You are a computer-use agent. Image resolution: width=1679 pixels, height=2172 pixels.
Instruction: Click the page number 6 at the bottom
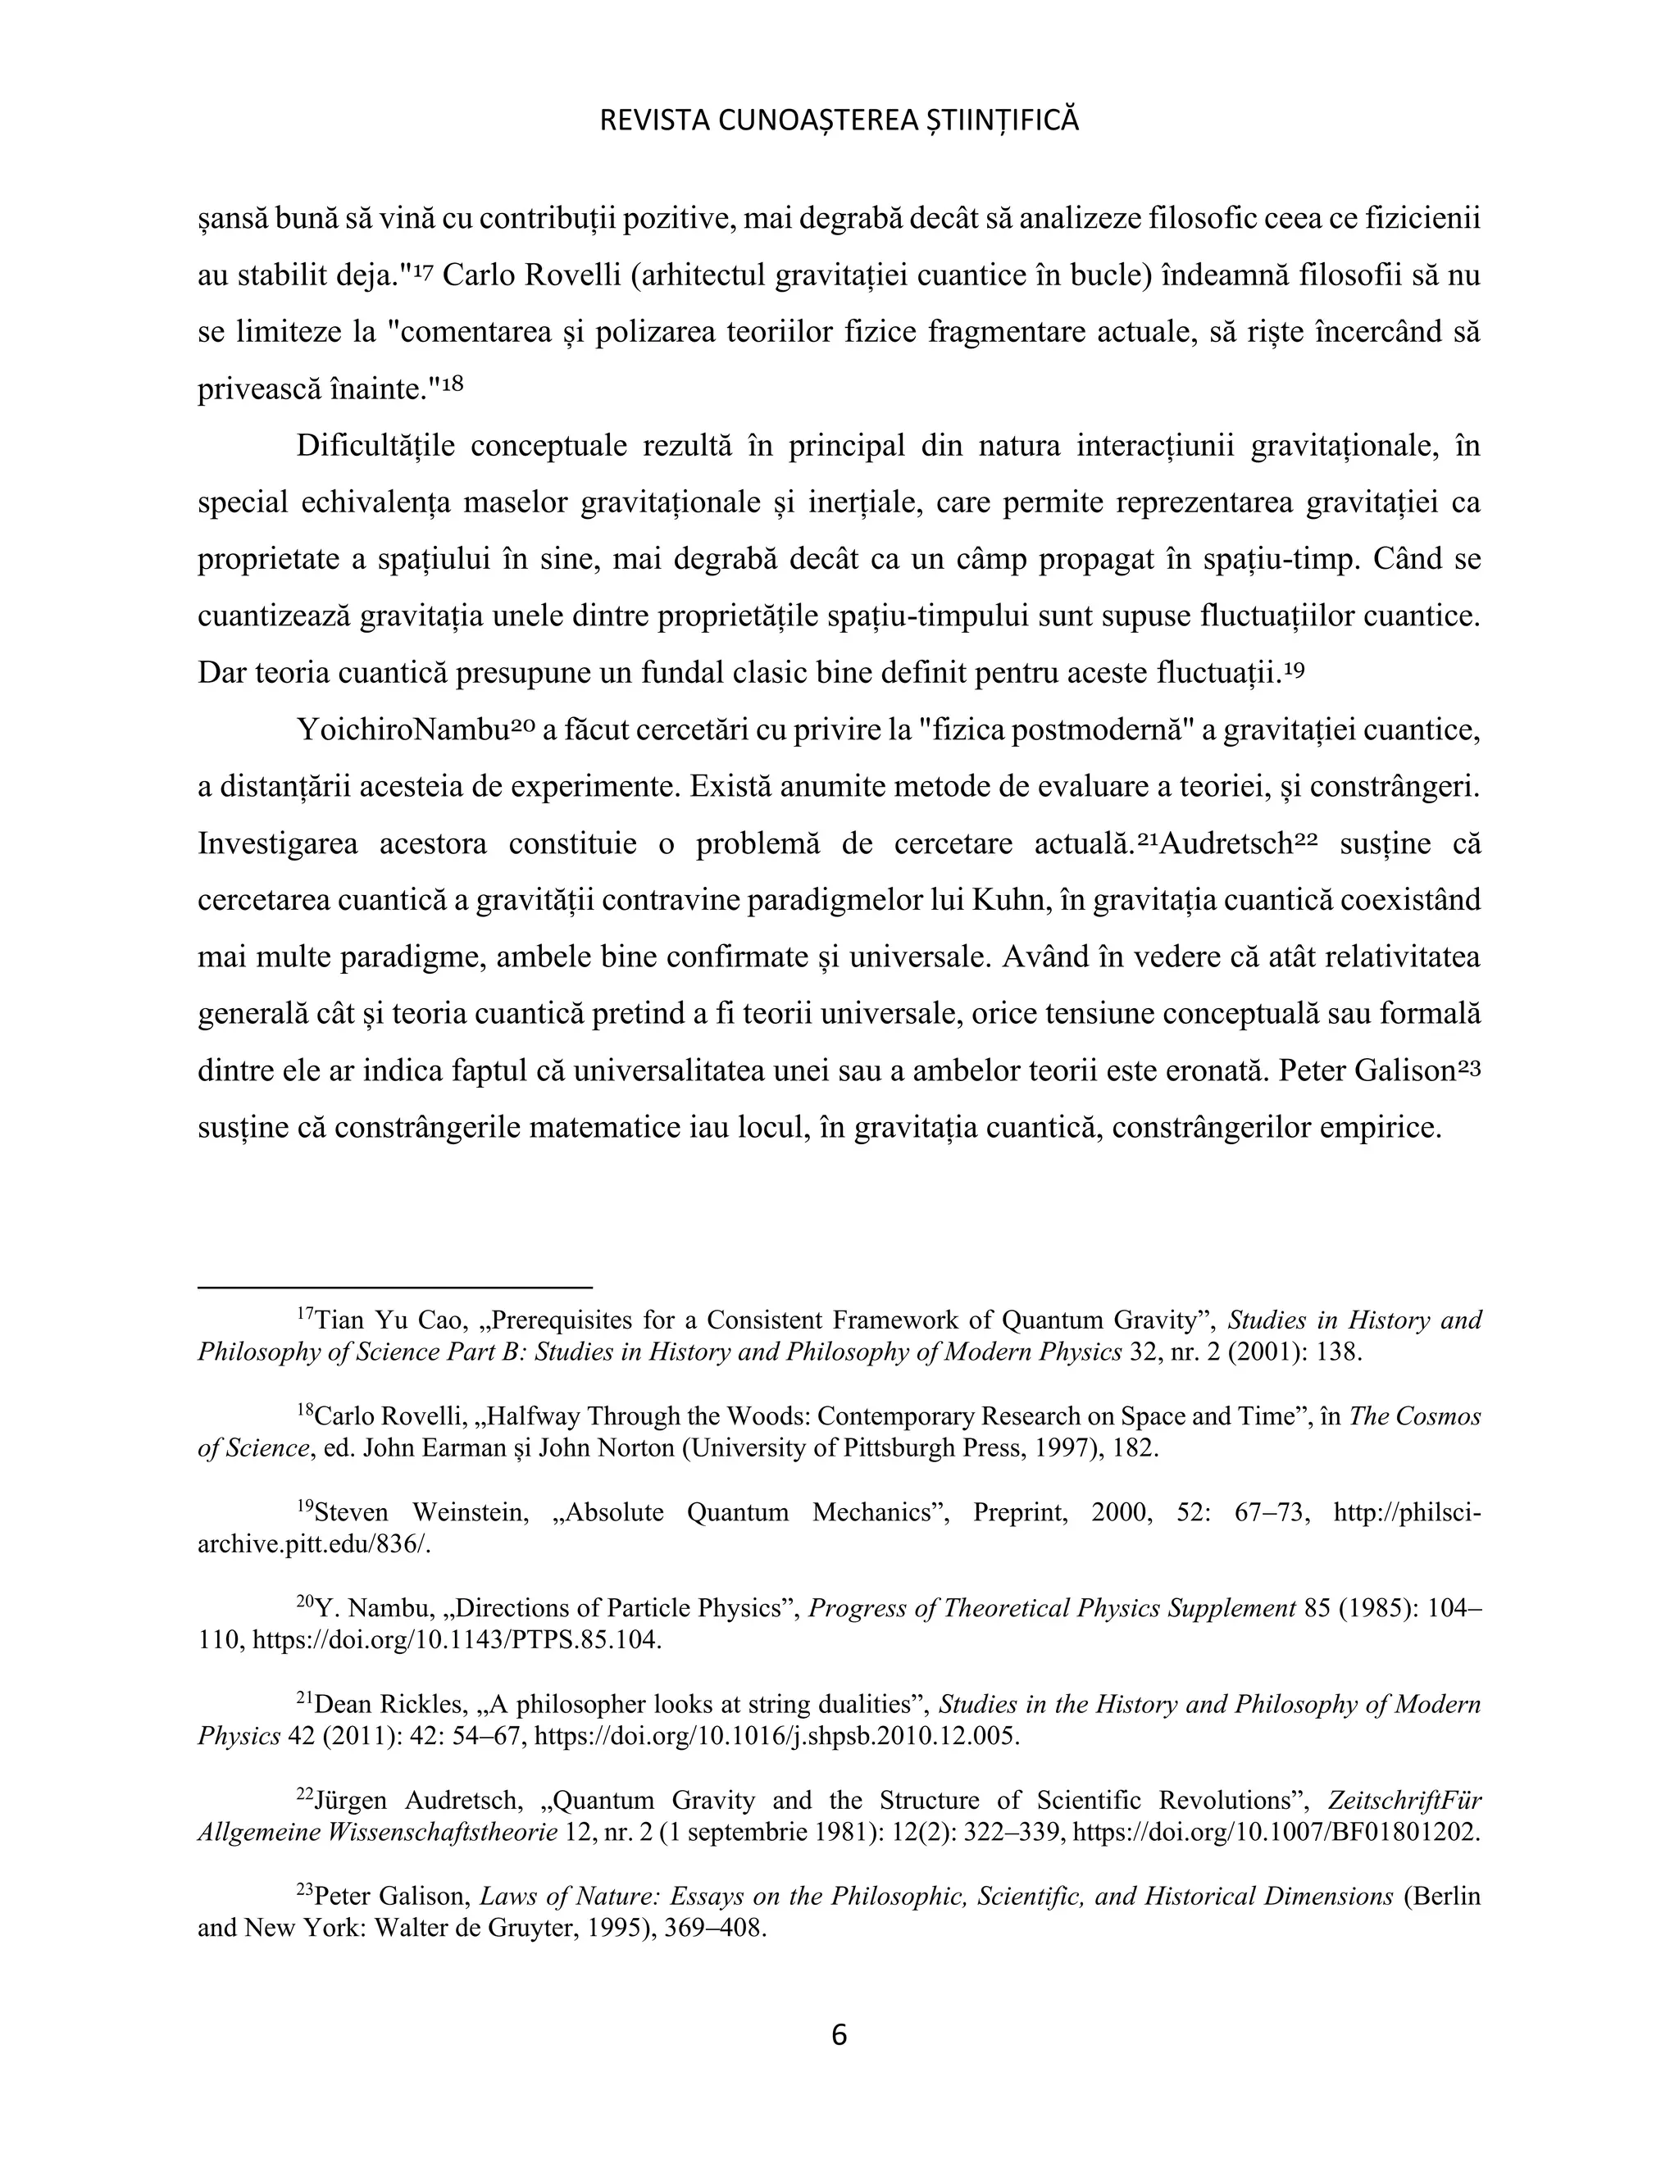coord(839,2035)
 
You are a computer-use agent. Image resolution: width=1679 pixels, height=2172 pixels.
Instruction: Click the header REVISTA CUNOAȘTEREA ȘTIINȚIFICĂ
coord(839,121)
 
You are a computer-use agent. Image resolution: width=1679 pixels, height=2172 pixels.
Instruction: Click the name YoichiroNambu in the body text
coord(402,731)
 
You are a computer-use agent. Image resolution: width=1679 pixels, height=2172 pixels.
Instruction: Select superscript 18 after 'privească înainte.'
coord(453,383)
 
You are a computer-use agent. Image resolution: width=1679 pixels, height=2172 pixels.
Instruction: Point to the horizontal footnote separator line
coord(395,1287)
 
